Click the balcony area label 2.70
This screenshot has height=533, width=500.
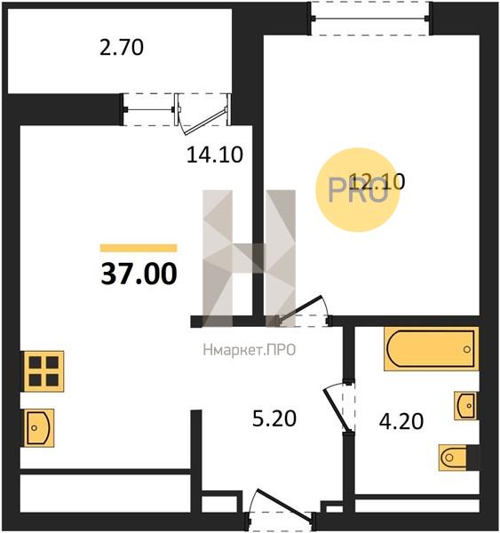[122, 48]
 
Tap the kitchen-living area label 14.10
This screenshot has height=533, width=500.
[215, 155]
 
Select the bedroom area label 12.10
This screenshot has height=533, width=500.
[377, 181]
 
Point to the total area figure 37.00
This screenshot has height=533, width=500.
[139, 274]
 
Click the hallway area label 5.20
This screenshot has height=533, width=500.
[274, 418]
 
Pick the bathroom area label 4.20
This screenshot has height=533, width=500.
[401, 421]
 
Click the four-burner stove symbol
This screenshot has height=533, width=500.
[44, 371]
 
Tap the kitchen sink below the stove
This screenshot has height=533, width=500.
[39, 427]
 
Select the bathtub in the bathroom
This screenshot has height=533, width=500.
[432, 348]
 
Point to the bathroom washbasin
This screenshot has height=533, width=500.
[465, 406]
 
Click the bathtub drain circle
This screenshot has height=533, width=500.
[467, 349]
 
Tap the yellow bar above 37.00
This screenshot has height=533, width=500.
[139, 248]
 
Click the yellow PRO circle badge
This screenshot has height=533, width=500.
[358, 190]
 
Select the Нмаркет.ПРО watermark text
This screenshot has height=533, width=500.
[250, 350]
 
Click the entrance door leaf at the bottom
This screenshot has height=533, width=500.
[284, 504]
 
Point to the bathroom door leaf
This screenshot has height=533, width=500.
[337, 410]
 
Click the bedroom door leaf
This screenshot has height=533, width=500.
[300, 307]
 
